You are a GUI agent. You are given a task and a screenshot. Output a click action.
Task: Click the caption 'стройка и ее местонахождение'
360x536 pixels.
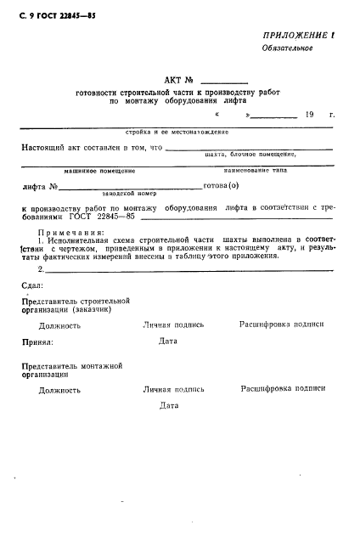click(x=177, y=133)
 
